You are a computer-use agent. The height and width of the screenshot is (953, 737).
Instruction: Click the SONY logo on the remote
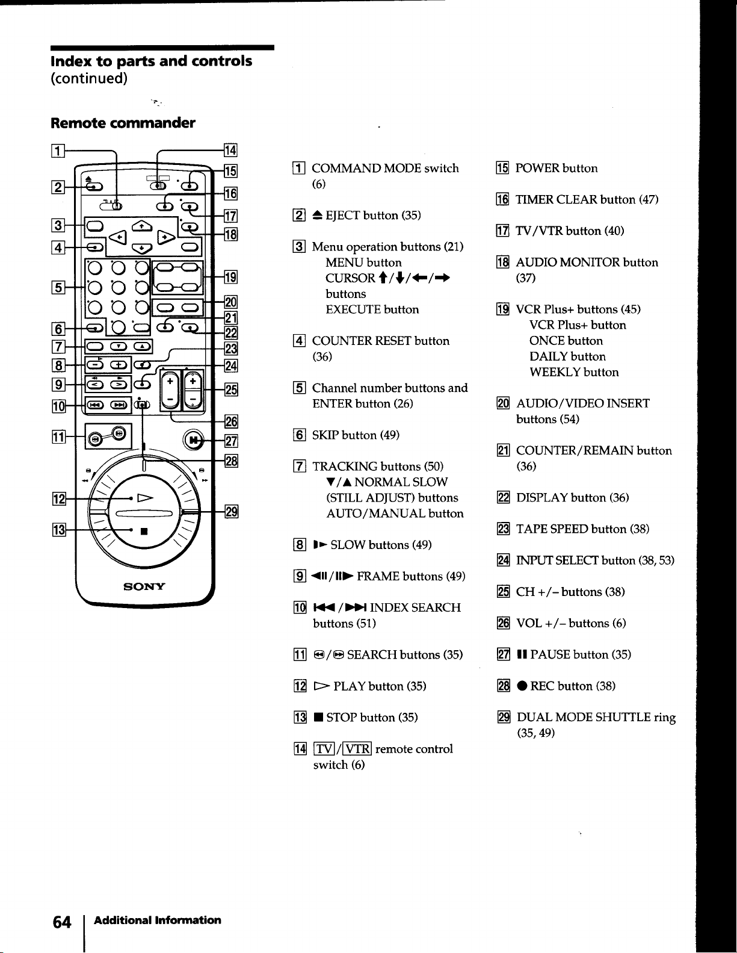tap(144, 586)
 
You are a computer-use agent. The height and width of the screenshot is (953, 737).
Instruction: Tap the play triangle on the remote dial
tap(145, 498)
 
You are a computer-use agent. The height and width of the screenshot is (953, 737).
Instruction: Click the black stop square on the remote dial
tap(144, 531)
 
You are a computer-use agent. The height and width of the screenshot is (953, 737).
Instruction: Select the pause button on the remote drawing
tap(193, 440)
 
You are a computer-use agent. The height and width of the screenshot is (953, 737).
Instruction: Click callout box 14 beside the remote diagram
tap(230, 150)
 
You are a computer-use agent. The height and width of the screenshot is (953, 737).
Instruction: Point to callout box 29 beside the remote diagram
tap(232, 511)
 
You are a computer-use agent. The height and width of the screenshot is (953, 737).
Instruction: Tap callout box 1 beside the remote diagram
tap(58, 151)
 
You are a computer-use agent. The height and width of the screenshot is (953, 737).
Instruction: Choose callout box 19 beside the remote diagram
tap(230, 277)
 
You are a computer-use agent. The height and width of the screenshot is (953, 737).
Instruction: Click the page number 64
tap(62, 922)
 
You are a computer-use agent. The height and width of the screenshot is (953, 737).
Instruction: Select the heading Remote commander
tap(123, 123)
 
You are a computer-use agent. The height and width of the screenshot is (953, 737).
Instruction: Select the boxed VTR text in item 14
tap(357, 749)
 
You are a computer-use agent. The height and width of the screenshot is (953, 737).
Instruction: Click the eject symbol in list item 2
tap(318, 215)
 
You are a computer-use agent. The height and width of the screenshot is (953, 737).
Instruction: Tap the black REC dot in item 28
tap(522, 686)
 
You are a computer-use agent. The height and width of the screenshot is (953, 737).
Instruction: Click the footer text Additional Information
tap(157, 920)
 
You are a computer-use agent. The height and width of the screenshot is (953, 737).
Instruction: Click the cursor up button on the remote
tap(141, 226)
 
